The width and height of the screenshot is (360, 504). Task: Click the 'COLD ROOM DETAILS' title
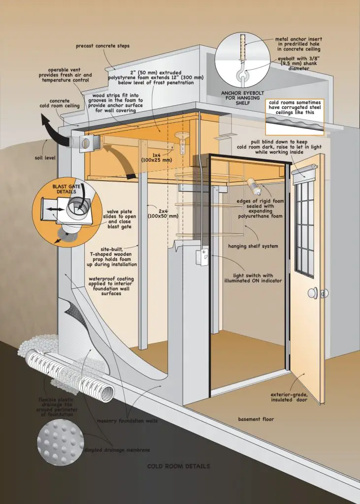pyautogui.click(x=179, y=466)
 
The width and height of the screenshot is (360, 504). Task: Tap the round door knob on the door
pyautogui.click(x=312, y=293)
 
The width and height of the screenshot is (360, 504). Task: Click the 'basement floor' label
pyautogui.click(x=256, y=419)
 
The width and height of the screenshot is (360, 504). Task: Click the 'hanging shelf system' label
pyautogui.click(x=253, y=246)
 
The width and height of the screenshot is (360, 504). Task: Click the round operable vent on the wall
pyautogui.click(x=84, y=144)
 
